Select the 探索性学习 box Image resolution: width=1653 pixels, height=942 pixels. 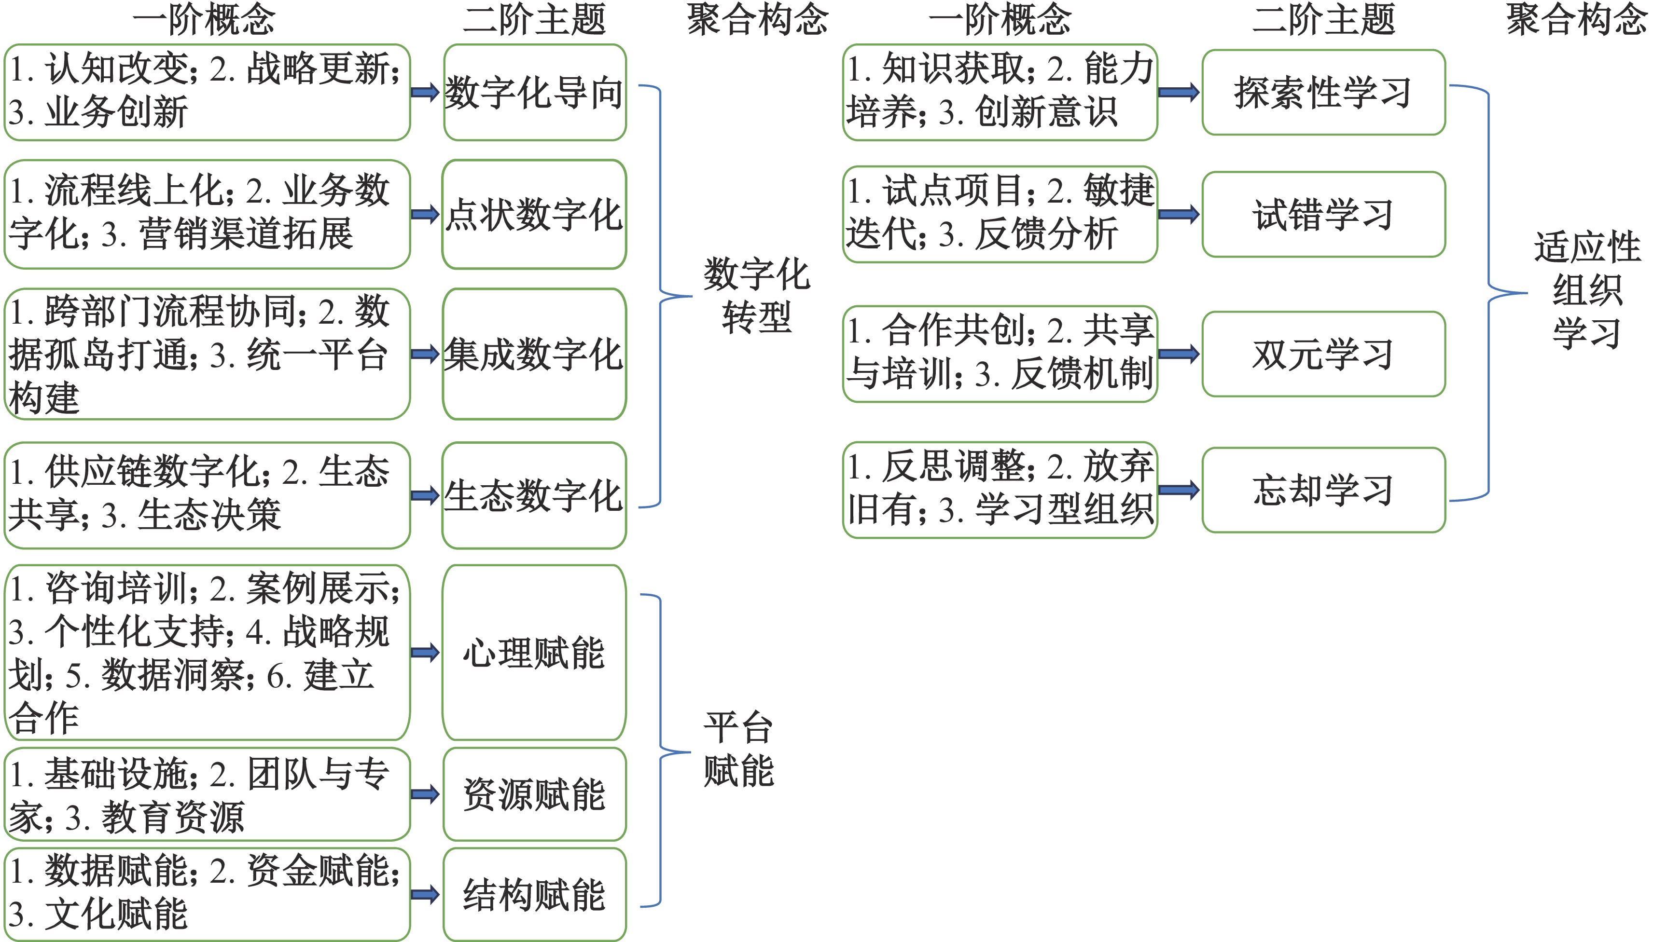1323,93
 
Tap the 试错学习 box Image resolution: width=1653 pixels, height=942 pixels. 1323,214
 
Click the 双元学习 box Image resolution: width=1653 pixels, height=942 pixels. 1323,354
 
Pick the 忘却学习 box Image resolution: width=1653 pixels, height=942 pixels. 1323,490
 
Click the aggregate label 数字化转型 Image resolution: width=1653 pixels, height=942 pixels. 756,296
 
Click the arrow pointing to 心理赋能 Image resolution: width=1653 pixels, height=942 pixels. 425,652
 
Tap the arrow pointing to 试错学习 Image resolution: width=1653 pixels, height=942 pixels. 1179,214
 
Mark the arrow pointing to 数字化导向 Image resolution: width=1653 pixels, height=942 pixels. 425,93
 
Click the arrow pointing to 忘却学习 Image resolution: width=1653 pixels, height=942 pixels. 1179,490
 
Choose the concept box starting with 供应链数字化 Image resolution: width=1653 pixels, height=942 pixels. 207,495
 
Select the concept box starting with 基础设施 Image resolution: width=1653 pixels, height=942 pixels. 207,794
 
